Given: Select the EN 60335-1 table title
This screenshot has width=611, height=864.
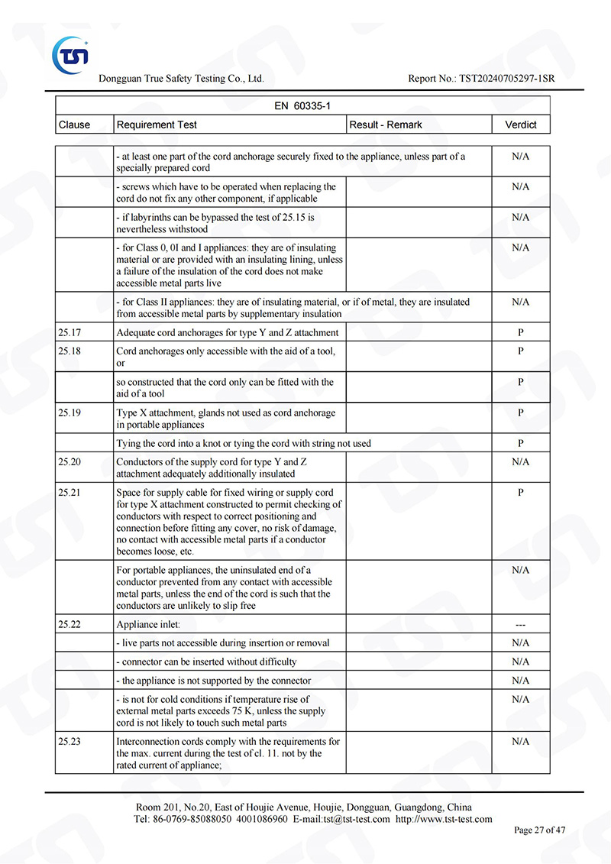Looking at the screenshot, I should coord(302,106).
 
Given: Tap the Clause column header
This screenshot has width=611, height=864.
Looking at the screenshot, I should coord(74,125).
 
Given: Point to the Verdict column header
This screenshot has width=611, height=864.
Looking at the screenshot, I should coord(521,125).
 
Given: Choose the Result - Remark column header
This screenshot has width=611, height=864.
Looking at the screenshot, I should coord(386,125).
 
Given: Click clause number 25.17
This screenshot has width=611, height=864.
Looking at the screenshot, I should coord(69,332).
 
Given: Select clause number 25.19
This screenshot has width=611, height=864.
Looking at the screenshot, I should coord(69,413).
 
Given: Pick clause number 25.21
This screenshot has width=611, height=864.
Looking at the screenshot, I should coord(69,493).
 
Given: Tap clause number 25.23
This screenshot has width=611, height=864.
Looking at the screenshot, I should coord(69,741).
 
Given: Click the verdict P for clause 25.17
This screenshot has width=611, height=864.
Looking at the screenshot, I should coord(521,332).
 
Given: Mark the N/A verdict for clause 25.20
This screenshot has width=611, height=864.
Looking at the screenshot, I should coord(521,462).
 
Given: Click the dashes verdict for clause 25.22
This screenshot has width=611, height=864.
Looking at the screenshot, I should coord(521,624).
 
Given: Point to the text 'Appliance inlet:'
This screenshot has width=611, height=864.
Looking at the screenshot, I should coord(148,624).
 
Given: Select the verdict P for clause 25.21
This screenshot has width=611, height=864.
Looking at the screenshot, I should coord(521,493).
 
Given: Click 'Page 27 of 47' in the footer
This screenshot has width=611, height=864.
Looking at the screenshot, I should coord(540,830).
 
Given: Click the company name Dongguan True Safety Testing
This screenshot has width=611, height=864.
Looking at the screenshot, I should coord(181,79).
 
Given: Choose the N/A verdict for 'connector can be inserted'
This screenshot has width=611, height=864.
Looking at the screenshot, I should coord(521,662).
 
